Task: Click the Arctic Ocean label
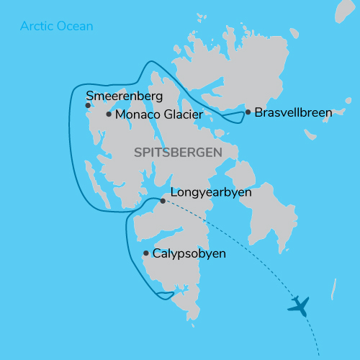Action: [57, 27]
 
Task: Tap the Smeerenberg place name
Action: [125, 95]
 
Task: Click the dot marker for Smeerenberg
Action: [88, 105]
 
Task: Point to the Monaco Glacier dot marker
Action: [108, 114]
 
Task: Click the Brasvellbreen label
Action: [293, 112]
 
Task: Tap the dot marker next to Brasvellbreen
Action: [248, 112]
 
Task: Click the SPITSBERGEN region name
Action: [176, 153]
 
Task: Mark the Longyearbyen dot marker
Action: [163, 201]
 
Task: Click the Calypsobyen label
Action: [189, 253]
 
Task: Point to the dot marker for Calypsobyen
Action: [146, 253]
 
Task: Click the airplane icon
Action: [298, 305]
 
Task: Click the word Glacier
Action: [179, 114]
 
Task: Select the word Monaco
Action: [135, 114]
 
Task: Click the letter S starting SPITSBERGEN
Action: [138, 153]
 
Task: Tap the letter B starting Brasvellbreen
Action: [259, 112]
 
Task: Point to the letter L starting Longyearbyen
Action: [173, 193]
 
